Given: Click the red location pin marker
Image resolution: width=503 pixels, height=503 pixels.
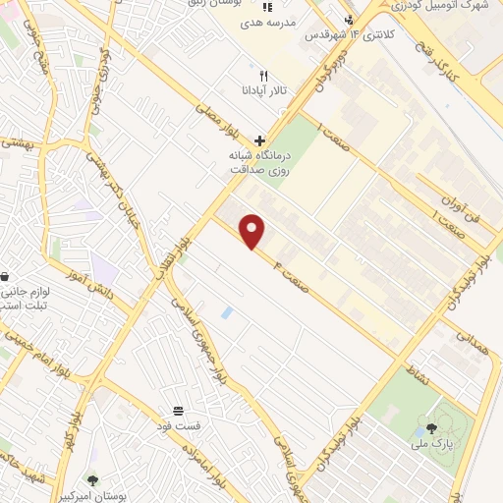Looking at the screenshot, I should coord(253,231).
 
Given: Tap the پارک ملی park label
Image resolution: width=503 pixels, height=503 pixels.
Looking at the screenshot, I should coord(431,444).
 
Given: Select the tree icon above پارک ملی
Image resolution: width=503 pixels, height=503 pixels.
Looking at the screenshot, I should coord(431,427).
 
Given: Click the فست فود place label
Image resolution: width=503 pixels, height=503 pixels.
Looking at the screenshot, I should coord(179,425).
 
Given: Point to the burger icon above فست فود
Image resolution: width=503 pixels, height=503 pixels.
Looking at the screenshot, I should coord(179,410).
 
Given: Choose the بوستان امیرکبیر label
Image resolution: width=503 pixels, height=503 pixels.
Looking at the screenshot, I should coord(93,495).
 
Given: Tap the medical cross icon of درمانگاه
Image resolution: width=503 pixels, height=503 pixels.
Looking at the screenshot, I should coord(259,140).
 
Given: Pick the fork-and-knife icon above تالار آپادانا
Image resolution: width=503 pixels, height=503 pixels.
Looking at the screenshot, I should coord(262,76).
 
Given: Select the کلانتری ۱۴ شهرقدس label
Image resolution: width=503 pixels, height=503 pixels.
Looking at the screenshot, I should coord(346,35).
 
